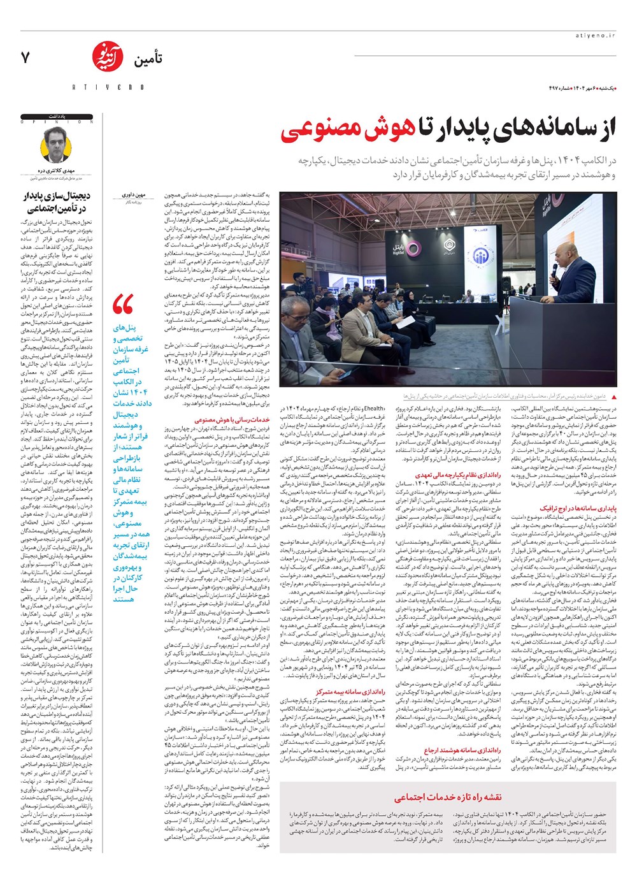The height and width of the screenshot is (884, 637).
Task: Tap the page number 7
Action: (x=25, y=58)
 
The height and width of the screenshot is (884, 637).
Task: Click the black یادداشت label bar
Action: (x=57, y=117)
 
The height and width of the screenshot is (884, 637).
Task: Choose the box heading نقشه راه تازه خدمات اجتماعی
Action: (x=448, y=797)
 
